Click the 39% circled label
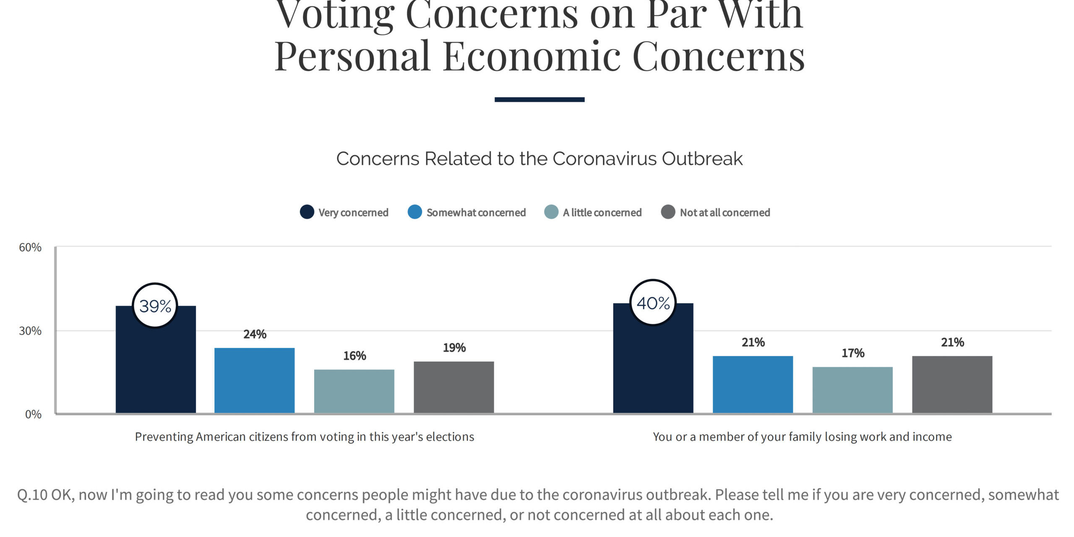click(x=155, y=306)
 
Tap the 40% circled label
click(x=653, y=303)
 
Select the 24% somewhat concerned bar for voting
click(x=254, y=380)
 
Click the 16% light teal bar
click(x=354, y=391)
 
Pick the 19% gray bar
click(x=454, y=387)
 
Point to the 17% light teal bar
click(x=852, y=390)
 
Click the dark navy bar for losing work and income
click(x=653, y=369)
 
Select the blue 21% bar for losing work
click(x=753, y=384)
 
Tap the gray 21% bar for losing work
click(x=952, y=384)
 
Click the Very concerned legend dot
click(x=307, y=212)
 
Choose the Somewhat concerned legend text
click(x=476, y=213)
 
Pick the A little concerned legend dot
click(x=551, y=212)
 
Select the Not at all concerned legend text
click(x=725, y=213)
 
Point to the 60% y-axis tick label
click(x=30, y=248)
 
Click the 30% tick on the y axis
click(x=30, y=331)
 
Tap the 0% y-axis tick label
click(x=33, y=414)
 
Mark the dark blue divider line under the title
click(x=539, y=99)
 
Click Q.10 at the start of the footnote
click(x=32, y=495)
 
